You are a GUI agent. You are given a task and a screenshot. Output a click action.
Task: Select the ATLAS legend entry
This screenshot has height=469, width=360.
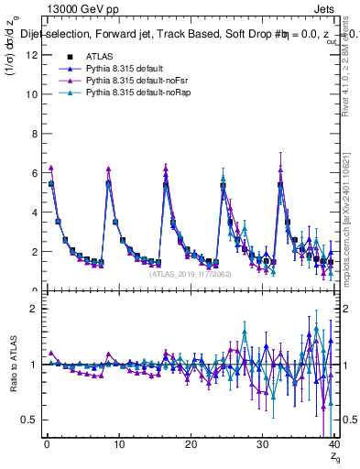[99, 56]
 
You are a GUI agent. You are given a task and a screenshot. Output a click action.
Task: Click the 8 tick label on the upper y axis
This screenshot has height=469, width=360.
[35, 134]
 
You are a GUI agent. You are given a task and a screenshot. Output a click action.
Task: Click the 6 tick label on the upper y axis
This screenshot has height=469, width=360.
[35, 173]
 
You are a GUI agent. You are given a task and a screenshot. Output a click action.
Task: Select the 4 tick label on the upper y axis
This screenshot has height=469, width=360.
[35, 213]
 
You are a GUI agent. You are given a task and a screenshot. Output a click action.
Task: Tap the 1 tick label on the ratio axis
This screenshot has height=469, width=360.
[35, 364]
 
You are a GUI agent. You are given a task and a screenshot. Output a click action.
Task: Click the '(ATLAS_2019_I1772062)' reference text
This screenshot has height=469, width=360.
[190, 273]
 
